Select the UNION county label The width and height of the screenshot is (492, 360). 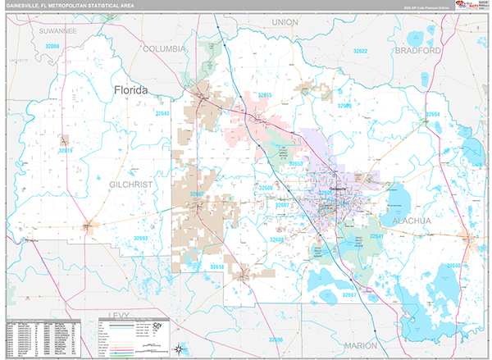[285, 22]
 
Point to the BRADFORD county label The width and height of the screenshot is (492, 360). [418, 50]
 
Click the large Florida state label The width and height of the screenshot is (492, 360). [131, 90]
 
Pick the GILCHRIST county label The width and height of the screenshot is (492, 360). [131, 185]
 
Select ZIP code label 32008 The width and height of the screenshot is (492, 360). [52, 47]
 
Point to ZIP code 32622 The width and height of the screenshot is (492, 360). [360, 51]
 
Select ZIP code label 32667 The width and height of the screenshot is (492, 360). [350, 294]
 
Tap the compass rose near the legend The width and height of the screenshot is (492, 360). [177, 349]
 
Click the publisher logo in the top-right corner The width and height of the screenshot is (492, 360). [465, 7]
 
